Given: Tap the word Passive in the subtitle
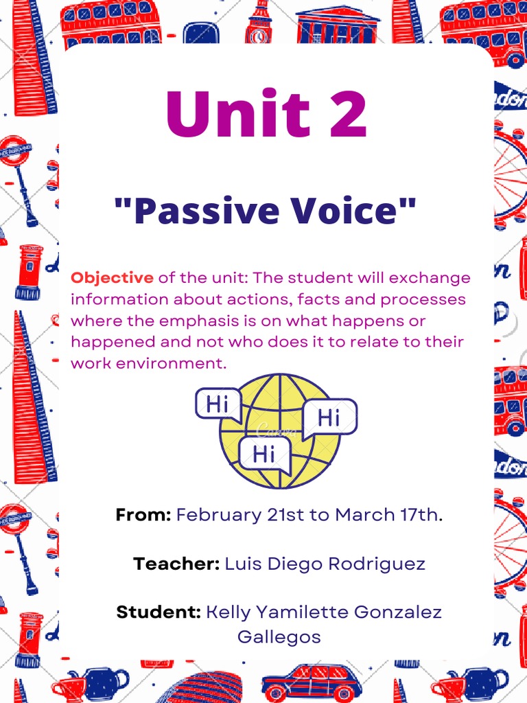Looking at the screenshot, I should pos(194,211).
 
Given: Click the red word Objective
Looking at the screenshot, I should pos(112,278).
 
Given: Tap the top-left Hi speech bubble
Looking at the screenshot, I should pos(218,404).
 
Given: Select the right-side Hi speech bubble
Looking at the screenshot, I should pos(329,417).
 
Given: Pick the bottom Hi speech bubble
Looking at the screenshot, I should pos(264,453).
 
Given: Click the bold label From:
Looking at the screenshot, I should pos(143,515).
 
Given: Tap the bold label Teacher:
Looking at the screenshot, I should pos(176,564).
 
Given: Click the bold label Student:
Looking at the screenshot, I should pos(159,612).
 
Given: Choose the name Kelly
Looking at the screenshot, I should pos(229,612).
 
